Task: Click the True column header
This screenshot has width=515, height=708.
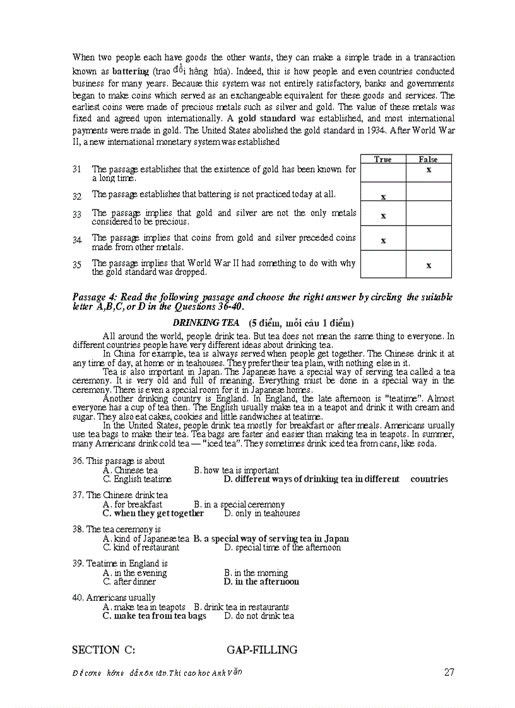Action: (382, 160)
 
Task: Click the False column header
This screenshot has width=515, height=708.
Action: (428, 160)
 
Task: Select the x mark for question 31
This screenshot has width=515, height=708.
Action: (429, 170)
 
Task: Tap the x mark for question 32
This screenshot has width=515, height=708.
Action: (383, 197)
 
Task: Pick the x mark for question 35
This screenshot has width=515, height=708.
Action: (429, 265)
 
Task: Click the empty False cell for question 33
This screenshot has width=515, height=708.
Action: (429, 214)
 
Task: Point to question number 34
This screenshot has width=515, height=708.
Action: (77, 240)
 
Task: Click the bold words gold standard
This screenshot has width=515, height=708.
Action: (266, 118)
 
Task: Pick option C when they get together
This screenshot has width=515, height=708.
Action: (153, 513)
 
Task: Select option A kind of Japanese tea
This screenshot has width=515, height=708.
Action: (146, 539)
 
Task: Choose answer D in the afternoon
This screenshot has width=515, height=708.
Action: (261, 582)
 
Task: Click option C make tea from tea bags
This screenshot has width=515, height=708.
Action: (155, 616)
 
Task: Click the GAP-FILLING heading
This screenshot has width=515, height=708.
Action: (262, 650)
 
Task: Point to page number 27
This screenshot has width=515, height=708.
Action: (449, 672)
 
